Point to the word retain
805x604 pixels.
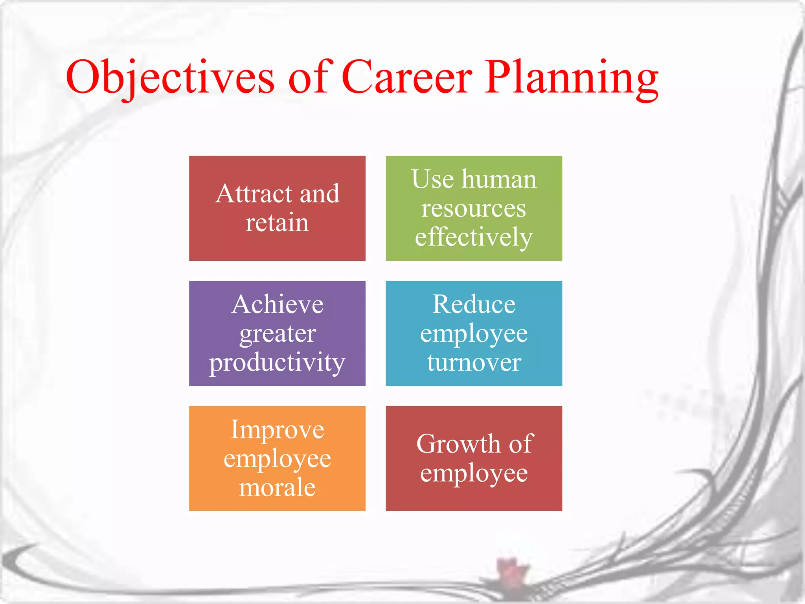[x=277, y=223]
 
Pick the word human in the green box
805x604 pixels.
[x=499, y=179]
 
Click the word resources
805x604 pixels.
[x=474, y=208]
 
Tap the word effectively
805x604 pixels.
[x=474, y=237]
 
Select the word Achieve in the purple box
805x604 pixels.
[x=277, y=304]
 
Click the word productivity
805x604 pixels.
[x=277, y=363]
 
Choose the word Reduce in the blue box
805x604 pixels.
[x=474, y=304]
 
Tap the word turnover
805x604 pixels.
[x=474, y=362]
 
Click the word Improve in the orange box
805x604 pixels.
[x=277, y=429]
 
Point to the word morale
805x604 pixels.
[x=277, y=487]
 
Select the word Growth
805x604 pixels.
[x=458, y=444]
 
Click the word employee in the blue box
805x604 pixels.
[x=474, y=334]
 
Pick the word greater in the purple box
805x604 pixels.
[x=277, y=333]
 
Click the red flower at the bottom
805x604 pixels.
[x=511, y=570]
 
